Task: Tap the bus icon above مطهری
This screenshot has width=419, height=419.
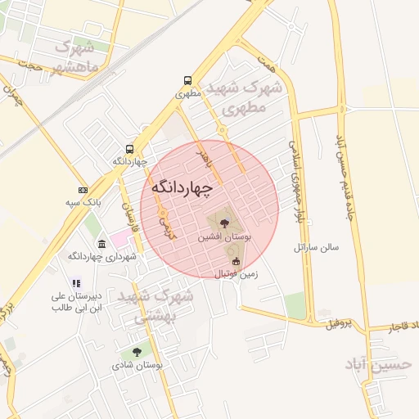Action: click(188, 81)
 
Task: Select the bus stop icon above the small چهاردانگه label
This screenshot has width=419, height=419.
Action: click(130, 149)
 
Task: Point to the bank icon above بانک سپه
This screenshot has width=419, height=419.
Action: click(82, 189)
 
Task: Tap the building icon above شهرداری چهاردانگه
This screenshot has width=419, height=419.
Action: click(101, 245)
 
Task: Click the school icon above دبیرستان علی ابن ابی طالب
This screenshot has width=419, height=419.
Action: click(77, 283)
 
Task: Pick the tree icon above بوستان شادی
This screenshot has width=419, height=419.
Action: click(137, 352)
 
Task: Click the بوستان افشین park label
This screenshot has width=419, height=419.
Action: click(225, 236)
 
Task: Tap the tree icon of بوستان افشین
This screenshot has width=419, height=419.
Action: click(225, 222)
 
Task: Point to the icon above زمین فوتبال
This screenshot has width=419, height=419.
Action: click(237, 261)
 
